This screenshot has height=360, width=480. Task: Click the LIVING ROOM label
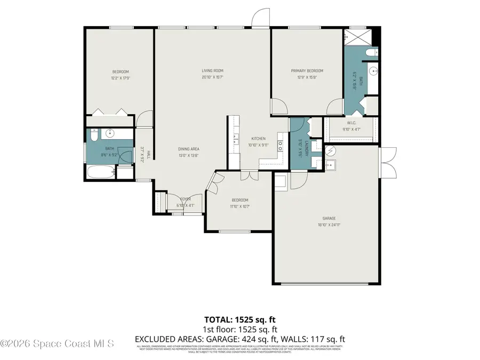(x=212, y=70)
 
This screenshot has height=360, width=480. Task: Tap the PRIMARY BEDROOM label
(x=307, y=70)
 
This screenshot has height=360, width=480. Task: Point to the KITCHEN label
(x=259, y=138)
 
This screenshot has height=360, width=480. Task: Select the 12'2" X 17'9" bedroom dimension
(x=120, y=78)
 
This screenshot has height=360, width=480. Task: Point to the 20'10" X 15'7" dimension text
(x=212, y=77)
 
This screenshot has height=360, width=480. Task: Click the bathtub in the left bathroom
(x=100, y=172)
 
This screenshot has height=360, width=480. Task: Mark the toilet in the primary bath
(x=372, y=52)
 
